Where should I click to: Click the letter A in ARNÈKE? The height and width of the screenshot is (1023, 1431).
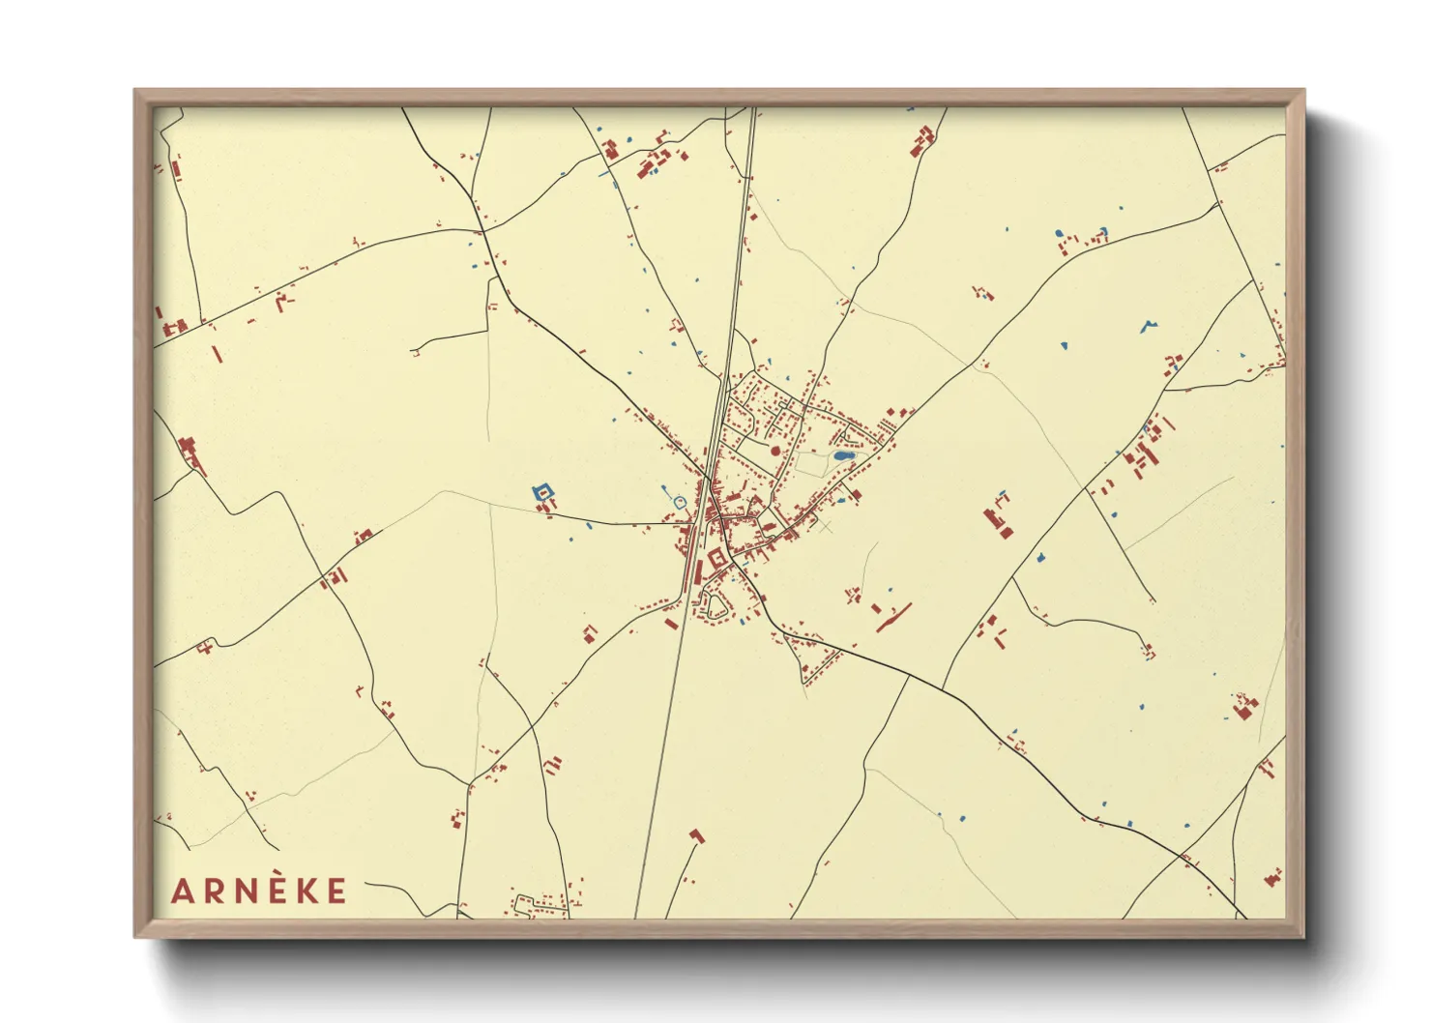pyautogui.click(x=181, y=891)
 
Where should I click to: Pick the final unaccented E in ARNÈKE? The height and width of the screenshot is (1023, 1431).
pyautogui.click(x=336, y=891)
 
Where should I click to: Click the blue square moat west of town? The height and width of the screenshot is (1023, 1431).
pyautogui.click(x=543, y=493)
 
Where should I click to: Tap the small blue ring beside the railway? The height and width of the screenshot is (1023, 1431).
pyautogui.click(x=680, y=502)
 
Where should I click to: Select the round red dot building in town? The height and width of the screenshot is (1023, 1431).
pyautogui.click(x=774, y=451)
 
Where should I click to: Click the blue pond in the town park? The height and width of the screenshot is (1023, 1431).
pyautogui.click(x=843, y=455)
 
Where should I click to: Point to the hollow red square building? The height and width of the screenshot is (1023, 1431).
pyautogui.click(x=716, y=558)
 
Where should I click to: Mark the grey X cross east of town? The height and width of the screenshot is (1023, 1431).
pyautogui.click(x=825, y=528)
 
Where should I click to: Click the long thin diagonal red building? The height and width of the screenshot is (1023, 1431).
pyautogui.click(x=894, y=618)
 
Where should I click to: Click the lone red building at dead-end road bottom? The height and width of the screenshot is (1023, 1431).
pyautogui.click(x=696, y=835)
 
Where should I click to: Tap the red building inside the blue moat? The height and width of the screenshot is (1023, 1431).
pyautogui.click(x=544, y=492)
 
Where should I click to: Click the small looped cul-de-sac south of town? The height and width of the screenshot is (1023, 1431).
pyautogui.click(x=716, y=606)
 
